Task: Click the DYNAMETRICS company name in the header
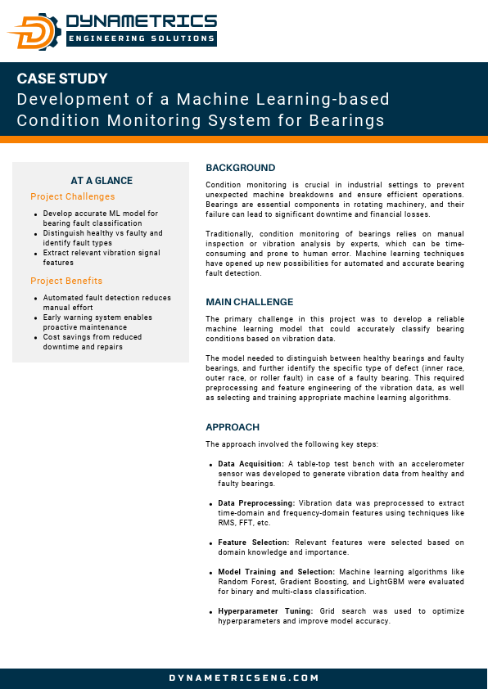click(141, 21)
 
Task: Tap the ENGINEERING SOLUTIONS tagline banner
click(141, 38)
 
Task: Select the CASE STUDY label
click(62, 79)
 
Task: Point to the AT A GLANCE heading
click(102, 181)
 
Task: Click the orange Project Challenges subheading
click(73, 196)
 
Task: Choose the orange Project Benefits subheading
click(66, 281)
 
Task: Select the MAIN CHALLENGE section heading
click(249, 302)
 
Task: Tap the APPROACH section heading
click(233, 427)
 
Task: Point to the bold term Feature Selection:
click(254, 543)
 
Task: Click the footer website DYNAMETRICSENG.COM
click(244, 678)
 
